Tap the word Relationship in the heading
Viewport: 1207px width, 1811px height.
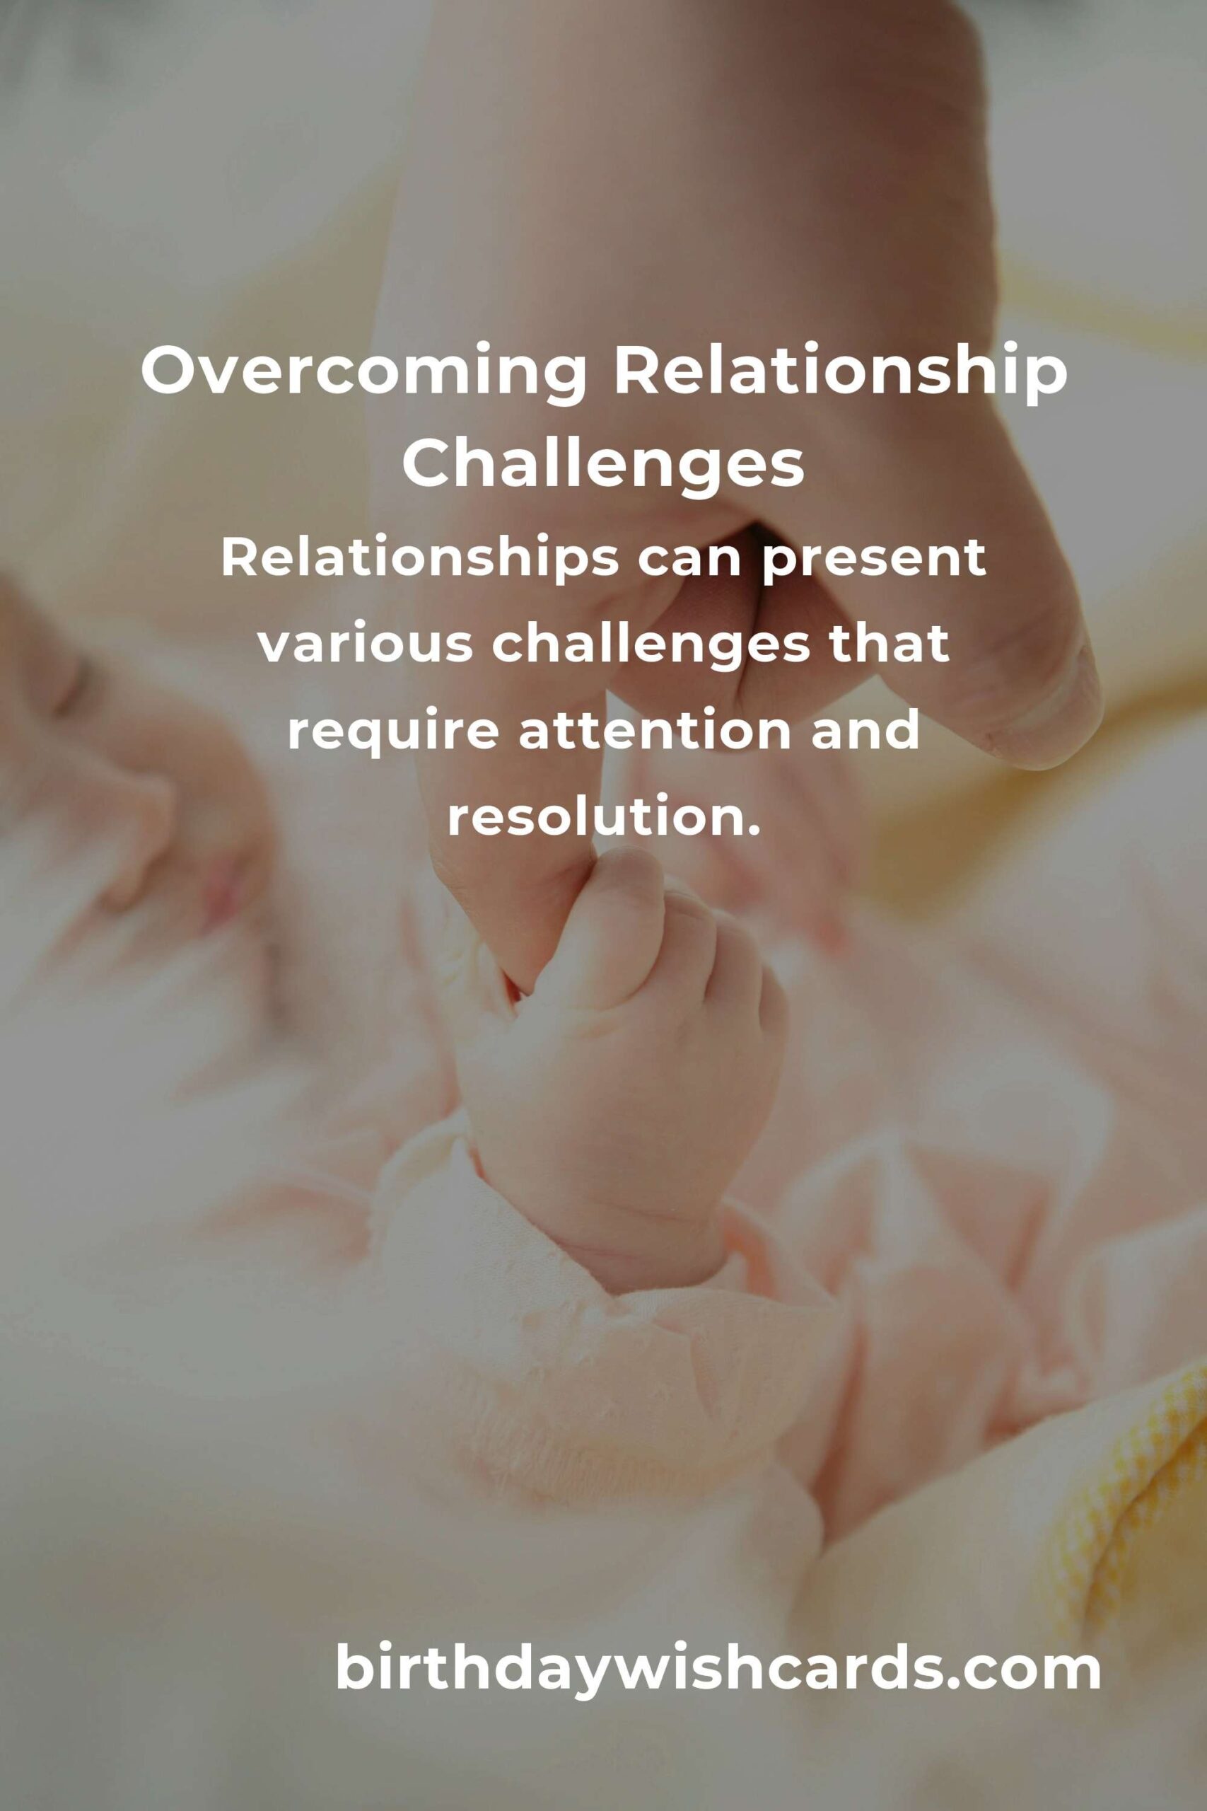(840, 373)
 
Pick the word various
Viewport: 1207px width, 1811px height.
(365, 645)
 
